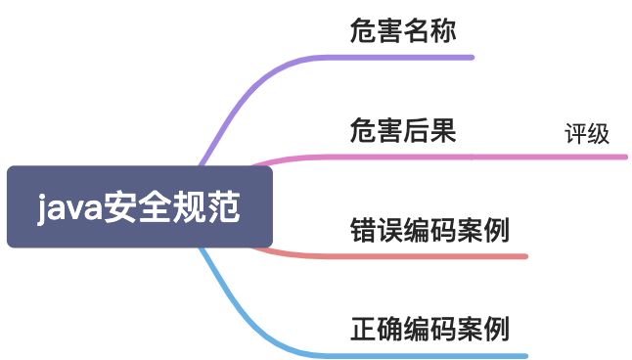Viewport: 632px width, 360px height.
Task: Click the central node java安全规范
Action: point(138,207)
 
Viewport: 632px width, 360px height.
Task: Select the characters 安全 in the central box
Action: point(137,207)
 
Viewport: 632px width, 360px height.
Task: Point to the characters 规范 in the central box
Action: point(206,207)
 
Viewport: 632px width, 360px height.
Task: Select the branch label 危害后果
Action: point(402,131)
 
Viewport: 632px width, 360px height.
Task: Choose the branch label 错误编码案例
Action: point(429,231)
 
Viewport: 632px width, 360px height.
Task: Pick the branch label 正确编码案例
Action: point(429,329)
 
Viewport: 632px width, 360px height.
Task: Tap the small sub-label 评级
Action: point(587,135)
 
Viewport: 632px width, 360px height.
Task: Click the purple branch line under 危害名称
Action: point(411,58)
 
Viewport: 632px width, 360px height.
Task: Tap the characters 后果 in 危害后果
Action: point(429,131)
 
